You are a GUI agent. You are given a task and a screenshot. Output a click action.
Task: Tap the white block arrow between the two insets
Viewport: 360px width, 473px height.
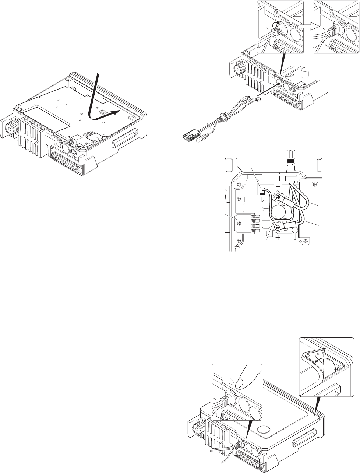(307, 26)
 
